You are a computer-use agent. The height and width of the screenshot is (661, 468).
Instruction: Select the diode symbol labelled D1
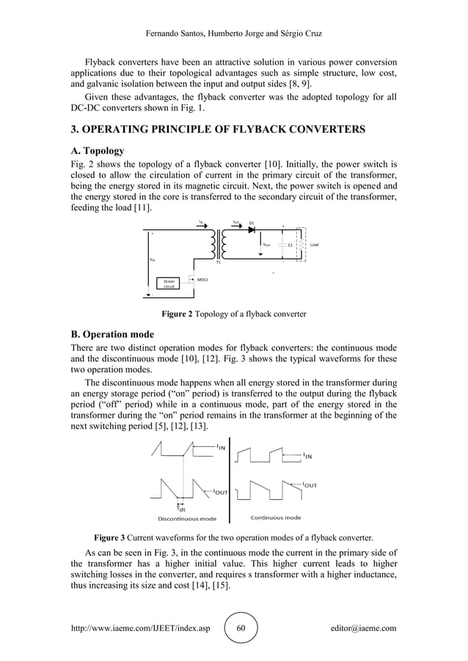tap(251, 229)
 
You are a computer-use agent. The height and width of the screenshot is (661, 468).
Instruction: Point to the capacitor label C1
tap(290, 245)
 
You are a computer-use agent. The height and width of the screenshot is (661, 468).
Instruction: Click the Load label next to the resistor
tap(314, 244)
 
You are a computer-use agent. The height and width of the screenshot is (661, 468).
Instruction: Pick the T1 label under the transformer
tap(218, 262)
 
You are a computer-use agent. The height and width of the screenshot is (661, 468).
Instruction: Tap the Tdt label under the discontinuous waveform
tap(181, 508)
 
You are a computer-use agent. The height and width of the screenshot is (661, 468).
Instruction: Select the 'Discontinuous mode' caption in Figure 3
tap(187, 518)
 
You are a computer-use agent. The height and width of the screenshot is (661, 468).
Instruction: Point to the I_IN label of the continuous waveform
tap(311, 455)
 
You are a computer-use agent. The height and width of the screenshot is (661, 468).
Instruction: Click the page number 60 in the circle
tap(241, 628)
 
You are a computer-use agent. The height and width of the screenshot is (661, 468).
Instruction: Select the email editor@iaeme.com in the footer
tap(364, 628)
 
